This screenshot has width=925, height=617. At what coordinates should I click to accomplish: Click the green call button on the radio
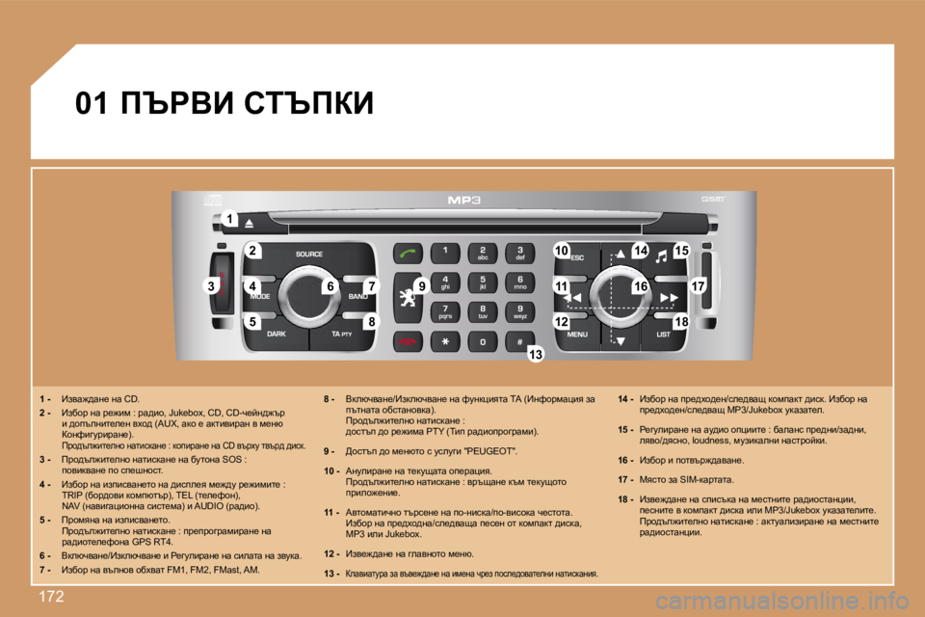pos(409,254)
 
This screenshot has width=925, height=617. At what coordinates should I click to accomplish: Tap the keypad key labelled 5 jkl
pos(483,284)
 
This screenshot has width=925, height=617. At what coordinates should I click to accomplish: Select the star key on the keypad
pos(444,341)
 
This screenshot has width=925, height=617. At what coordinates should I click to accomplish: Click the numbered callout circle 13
pos(536,356)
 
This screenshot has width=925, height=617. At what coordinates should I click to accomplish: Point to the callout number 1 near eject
pos(229,220)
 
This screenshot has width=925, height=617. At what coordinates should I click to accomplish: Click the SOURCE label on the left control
pos(308,255)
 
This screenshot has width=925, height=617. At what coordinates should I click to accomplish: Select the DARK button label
pos(276,334)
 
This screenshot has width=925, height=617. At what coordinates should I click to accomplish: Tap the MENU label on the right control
pos(577,334)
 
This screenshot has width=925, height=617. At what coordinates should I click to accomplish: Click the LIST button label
pos(664,334)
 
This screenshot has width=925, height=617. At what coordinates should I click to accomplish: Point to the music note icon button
pos(661,255)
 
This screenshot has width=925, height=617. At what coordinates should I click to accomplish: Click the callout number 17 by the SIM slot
pos(699,285)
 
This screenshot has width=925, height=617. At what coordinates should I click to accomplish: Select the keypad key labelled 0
pos(483,341)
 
